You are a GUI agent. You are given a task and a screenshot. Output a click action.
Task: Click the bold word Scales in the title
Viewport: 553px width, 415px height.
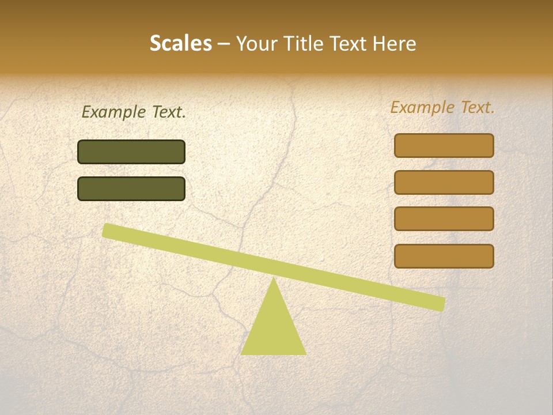180,43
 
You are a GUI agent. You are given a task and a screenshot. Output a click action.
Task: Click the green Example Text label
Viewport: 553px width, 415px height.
134,112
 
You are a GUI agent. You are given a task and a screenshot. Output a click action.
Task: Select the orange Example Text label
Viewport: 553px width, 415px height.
442,107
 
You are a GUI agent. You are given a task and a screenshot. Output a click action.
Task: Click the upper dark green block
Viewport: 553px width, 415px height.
131,152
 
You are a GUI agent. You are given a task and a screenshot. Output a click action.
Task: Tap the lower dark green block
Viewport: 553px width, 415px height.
131,189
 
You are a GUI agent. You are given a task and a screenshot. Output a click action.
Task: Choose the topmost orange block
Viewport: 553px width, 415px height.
444,146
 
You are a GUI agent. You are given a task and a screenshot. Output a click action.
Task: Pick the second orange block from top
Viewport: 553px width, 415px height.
444,182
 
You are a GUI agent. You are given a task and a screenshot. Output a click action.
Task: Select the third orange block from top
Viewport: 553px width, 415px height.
444,219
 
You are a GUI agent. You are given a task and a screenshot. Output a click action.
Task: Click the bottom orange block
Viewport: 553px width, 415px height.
444,256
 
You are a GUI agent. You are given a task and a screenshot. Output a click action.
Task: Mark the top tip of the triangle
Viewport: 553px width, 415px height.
273,280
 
